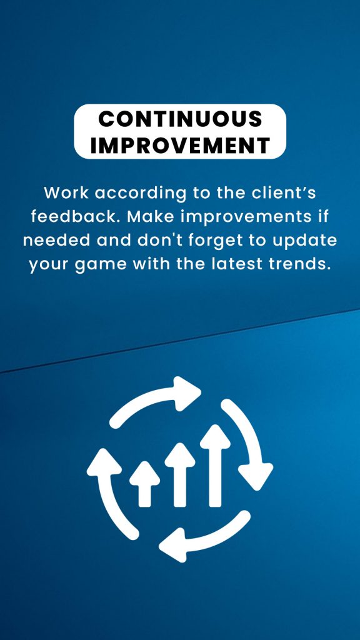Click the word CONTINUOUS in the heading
pyautogui.click(x=180, y=119)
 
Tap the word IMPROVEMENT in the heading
pyautogui.click(x=180, y=145)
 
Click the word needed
pyautogui.click(x=56, y=240)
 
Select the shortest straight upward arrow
pyautogui.click(x=144, y=484)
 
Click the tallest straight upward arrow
pyautogui.click(x=215, y=465)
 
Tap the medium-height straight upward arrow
pyautogui.click(x=180, y=474)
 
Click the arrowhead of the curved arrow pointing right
pyautogui.click(x=186, y=393)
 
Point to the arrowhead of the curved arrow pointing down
pyautogui.click(x=256, y=476)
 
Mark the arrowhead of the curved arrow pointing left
pyautogui.click(x=173, y=545)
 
